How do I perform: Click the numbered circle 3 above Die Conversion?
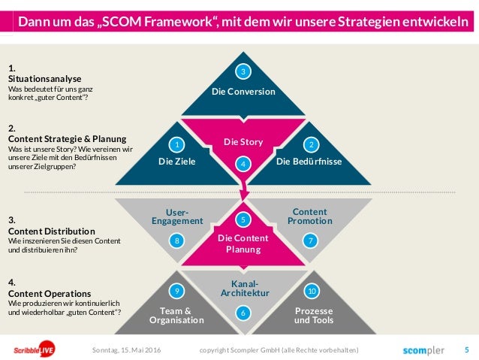[x=243, y=72]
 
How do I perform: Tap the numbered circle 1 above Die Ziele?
[x=176, y=144]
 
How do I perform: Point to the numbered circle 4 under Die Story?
[x=243, y=163]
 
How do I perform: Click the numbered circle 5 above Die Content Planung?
[x=243, y=219]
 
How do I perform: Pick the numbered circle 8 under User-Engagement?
[x=176, y=241]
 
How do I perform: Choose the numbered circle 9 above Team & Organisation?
[x=176, y=290]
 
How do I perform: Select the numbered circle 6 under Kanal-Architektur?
[x=243, y=312]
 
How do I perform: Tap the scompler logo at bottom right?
[x=423, y=350]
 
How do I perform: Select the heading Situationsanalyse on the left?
[x=45, y=78]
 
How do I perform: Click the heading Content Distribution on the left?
[x=51, y=231]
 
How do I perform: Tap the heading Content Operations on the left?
[x=47, y=293]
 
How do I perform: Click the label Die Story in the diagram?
[x=243, y=142]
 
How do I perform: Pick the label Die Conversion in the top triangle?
[x=243, y=92]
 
